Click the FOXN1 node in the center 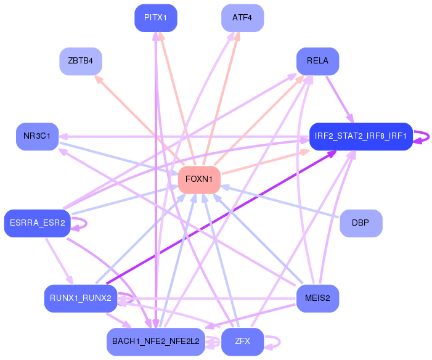pyautogui.click(x=199, y=179)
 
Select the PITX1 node pyautogui.click(x=155, y=18)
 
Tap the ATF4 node pyautogui.click(x=242, y=18)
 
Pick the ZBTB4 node pyautogui.click(x=81, y=61)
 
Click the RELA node pyautogui.click(x=317, y=61)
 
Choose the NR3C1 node pyautogui.click(x=37, y=136)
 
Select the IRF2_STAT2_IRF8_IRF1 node pyautogui.click(x=361, y=136)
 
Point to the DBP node pyautogui.click(x=361, y=223)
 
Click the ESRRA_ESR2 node pyautogui.click(x=37, y=223)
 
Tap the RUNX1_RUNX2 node pyautogui.click(x=81, y=298)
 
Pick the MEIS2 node pyautogui.click(x=317, y=298)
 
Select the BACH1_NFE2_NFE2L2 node pyautogui.click(x=155, y=342)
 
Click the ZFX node pyautogui.click(x=242, y=342)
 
